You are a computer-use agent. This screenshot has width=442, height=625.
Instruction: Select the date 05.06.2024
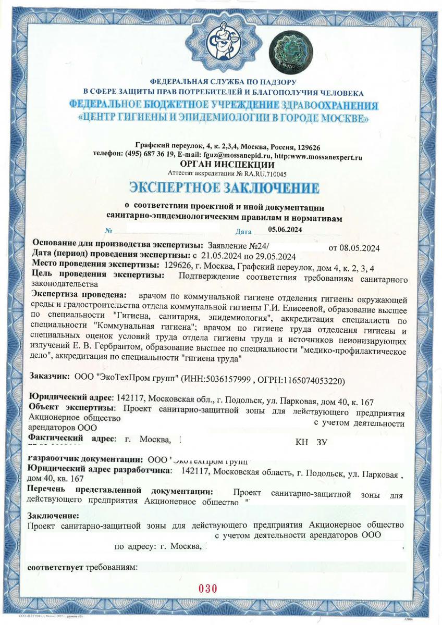point(285,229)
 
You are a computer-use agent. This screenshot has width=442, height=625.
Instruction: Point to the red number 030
point(207,589)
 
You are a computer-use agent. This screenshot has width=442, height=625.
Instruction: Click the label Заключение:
point(53,516)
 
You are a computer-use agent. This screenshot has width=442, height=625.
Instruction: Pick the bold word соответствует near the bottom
point(55,567)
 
